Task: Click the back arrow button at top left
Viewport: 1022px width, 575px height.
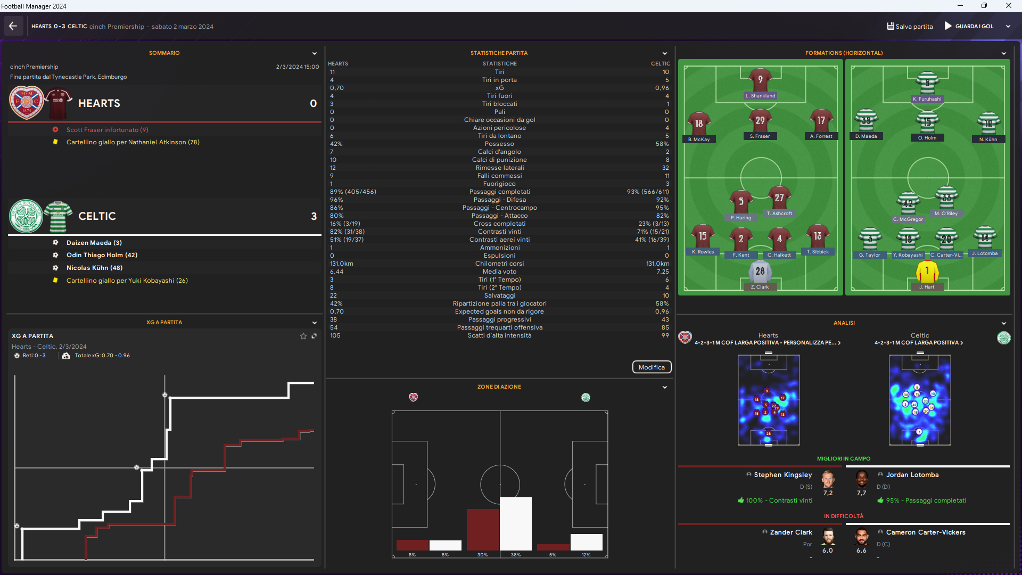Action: click(13, 26)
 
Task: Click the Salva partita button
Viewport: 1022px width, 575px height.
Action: click(910, 26)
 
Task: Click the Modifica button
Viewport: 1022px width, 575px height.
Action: click(652, 367)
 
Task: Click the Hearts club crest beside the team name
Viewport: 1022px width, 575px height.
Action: click(27, 103)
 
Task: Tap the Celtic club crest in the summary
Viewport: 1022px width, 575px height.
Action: click(26, 216)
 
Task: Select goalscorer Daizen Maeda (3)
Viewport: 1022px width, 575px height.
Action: click(94, 243)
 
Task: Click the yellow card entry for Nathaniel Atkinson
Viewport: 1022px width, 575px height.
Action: click(133, 142)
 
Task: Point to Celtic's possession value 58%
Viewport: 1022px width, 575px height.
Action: click(662, 144)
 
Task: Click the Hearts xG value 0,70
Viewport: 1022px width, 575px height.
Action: click(337, 88)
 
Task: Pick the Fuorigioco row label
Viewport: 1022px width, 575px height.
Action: click(499, 184)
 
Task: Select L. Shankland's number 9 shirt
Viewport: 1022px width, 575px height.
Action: click(760, 80)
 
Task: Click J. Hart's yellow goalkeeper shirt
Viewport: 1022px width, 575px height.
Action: click(927, 272)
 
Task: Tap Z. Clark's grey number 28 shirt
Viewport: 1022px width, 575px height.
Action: click(760, 272)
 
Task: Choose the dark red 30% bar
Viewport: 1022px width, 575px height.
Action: click(482, 529)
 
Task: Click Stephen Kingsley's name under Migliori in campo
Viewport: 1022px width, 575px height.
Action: click(782, 475)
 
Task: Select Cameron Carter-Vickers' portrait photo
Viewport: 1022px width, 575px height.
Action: click(861, 537)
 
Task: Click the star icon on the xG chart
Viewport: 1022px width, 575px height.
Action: click(303, 336)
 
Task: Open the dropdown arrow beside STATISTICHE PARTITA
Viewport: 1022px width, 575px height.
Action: click(664, 53)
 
